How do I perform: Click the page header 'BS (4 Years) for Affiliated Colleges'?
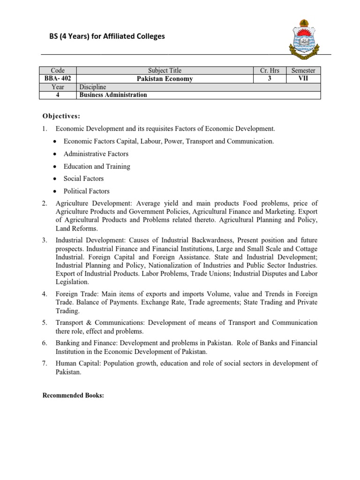(104, 36)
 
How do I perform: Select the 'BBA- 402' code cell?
(58, 79)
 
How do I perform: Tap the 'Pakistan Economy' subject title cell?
(165, 79)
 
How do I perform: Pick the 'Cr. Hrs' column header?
(270, 70)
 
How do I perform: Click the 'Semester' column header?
(303, 70)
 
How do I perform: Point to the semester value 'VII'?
(303, 79)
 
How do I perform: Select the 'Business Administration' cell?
(113, 95)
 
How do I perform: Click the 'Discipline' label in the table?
(93, 87)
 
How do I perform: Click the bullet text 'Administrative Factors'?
(96, 154)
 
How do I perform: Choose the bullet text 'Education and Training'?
(97, 166)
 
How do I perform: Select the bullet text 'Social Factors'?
(83, 179)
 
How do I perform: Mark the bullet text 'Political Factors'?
(86, 191)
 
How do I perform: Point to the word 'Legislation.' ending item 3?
(72, 282)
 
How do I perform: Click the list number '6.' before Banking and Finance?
(45, 343)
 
